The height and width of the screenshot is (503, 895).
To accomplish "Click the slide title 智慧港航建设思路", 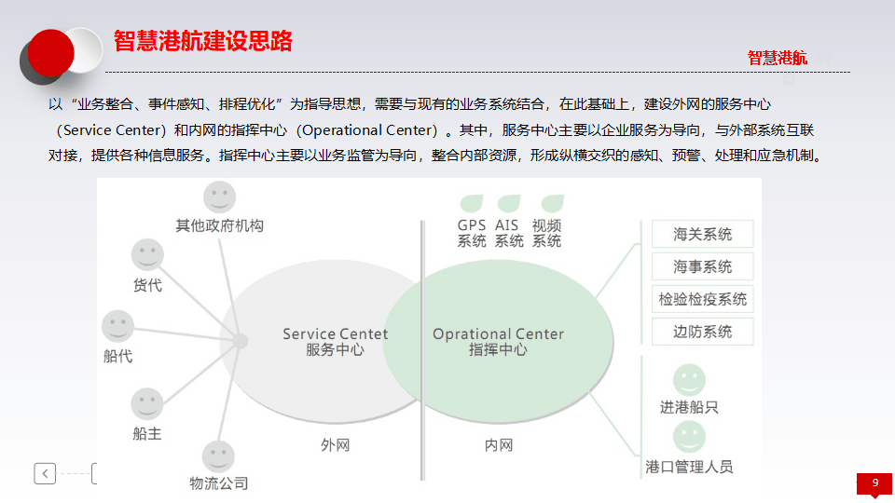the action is tap(203, 41).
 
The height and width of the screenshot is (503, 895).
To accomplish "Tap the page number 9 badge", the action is tap(874, 483).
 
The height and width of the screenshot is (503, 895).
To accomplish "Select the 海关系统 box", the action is tap(702, 235).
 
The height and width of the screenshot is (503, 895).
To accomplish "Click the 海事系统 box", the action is tap(702, 267).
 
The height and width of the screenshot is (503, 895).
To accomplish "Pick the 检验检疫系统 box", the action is tap(702, 299).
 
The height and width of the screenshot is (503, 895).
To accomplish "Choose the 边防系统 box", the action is tap(702, 332).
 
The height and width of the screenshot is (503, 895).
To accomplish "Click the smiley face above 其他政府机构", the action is tap(220, 197).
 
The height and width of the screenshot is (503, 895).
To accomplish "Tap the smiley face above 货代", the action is tap(147, 255).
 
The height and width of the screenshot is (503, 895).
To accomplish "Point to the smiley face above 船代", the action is tap(117, 326).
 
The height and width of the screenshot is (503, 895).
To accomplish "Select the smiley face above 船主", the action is tap(147, 404).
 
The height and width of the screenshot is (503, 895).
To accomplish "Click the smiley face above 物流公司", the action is tap(219, 456).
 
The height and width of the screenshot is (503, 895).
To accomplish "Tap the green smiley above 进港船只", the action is tap(689, 379).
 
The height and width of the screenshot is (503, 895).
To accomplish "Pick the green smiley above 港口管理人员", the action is tap(689, 436).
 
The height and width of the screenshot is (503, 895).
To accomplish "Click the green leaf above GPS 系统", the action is tap(472, 203).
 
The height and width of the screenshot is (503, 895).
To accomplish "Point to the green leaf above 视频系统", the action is tap(552, 203).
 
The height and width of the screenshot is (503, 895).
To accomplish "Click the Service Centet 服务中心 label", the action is tap(335, 342).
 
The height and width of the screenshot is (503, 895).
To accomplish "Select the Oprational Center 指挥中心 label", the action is tap(498, 342).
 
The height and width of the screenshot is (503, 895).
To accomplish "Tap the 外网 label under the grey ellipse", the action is tap(335, 445).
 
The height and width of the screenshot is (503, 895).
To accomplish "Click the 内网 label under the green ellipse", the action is tap(498, 445).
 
